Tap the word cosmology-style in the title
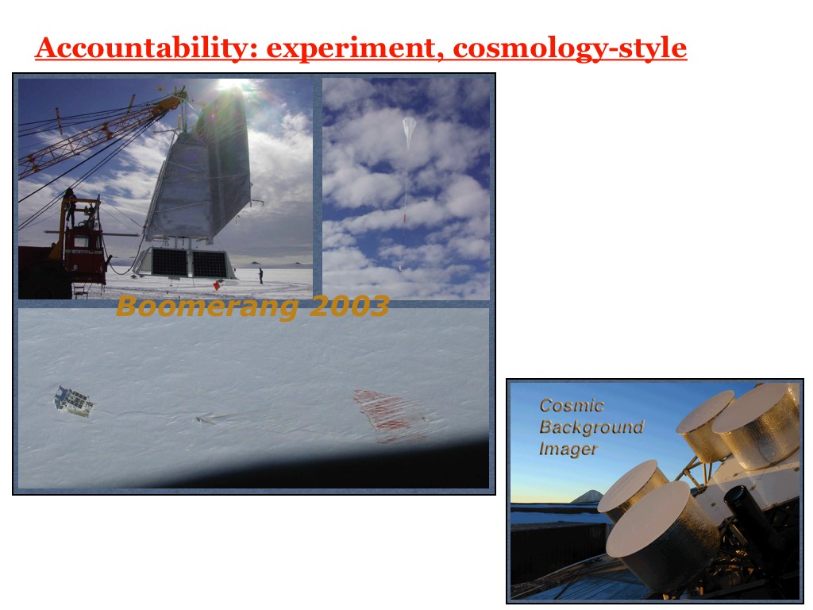coord(570,48)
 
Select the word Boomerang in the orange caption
coord(207,307)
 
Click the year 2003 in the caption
coord(349,306)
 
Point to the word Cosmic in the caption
coord(572,406)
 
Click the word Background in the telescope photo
coord(591,427)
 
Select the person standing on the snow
coord(260,276)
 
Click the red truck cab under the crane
coord(83,249)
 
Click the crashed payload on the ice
coord(74,401)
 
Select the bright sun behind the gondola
coord(232,84)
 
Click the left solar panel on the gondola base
coord(169,262)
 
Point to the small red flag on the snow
coord(217,285)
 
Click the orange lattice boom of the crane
coord(98,135)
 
